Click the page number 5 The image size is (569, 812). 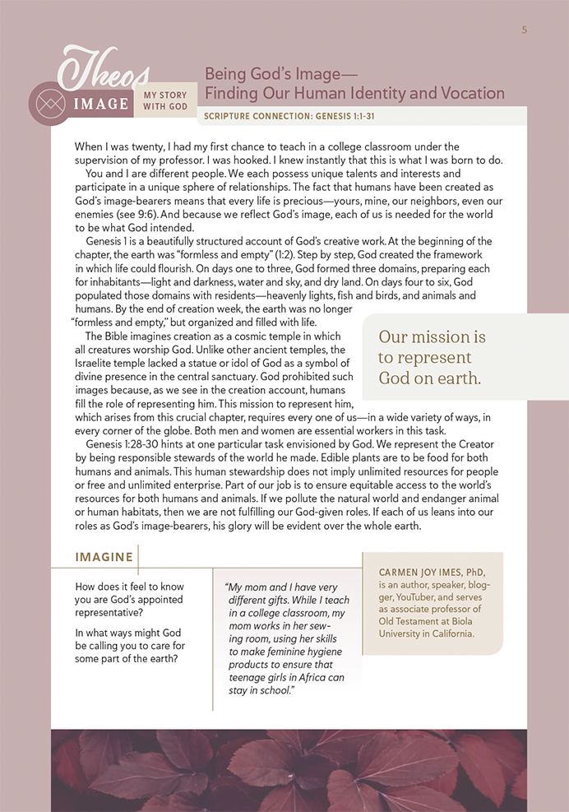pos(524,30)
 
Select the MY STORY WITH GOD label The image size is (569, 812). pos(166,100)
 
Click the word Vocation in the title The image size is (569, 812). pos(468,93)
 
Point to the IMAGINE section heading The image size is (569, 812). pos(104,557)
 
